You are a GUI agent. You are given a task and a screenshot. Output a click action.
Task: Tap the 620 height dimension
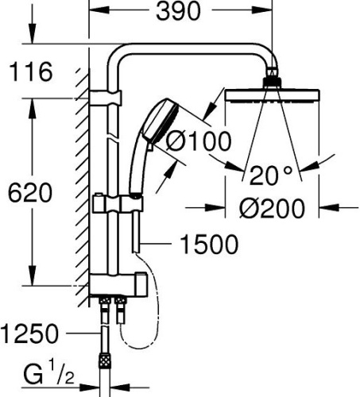click(x=28, y=193)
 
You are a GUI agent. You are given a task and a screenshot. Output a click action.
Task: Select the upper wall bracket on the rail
click(x=106, y=98)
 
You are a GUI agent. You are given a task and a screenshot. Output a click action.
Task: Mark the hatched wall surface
click(x=80, y=191)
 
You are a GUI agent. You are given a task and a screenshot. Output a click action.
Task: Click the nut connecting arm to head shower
click(x=272, y=79)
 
